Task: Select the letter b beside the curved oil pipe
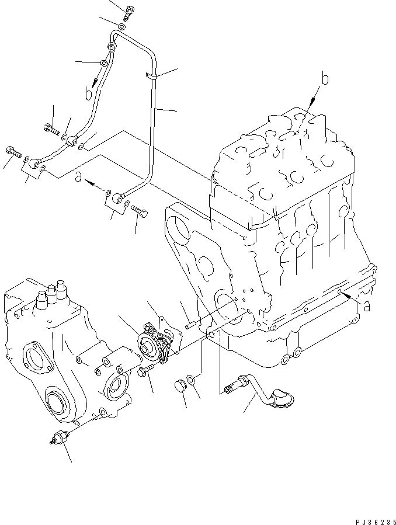click(x=89, y=93)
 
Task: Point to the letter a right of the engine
click(x=366, y=307)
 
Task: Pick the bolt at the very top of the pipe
click(x=130, y=12)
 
